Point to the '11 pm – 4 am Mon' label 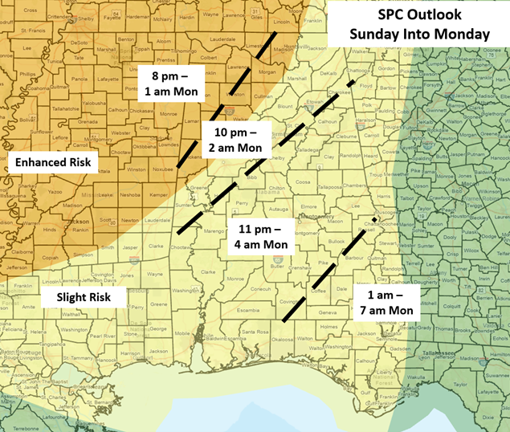coord(260,234)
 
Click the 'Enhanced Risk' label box coord(53,163)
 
